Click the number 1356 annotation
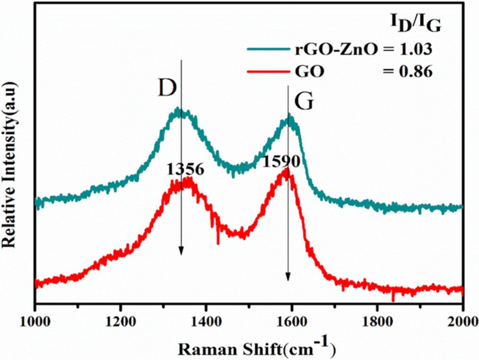click(186, 170)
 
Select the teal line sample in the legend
click(267, 49)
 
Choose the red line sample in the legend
click(267, 71)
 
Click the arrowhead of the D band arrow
click(181, 251)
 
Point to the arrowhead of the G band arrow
click(288, 277)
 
